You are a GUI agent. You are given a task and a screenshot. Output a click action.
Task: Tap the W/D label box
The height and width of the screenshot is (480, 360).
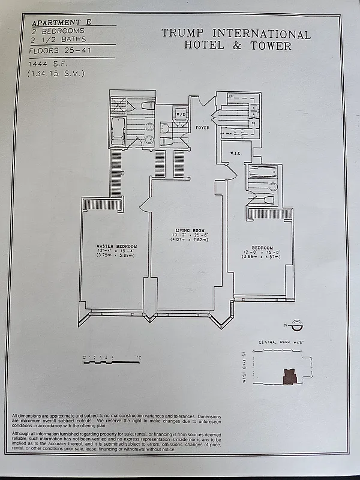180,114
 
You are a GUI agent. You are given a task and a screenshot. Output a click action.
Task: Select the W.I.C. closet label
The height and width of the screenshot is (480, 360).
235,153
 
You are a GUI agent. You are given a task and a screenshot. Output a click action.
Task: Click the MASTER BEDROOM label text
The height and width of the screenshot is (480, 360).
117,247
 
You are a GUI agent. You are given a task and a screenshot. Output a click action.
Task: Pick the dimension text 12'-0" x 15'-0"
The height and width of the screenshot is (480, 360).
262,252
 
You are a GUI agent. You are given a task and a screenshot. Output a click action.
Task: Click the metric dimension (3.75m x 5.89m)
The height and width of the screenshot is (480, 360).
117,256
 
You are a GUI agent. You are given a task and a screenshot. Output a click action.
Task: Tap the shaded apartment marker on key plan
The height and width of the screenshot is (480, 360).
289,376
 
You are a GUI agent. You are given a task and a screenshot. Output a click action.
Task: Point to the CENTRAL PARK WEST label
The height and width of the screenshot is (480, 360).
281,343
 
